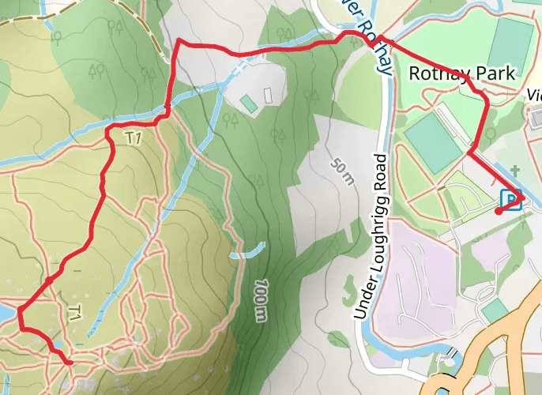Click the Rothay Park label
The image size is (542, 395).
[462, 73]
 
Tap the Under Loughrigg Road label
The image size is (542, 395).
[370, 237]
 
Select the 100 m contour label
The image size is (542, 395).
[262, 299]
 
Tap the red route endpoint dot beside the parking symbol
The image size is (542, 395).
[498, 212]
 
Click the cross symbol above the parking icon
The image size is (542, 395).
[515, 170]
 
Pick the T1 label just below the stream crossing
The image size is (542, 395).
[134, 138]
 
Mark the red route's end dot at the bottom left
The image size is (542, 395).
[70, 363]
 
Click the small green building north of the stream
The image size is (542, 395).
[249, 103]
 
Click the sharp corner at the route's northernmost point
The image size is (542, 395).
[179, 40]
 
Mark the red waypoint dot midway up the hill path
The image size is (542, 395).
[49, 280]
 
